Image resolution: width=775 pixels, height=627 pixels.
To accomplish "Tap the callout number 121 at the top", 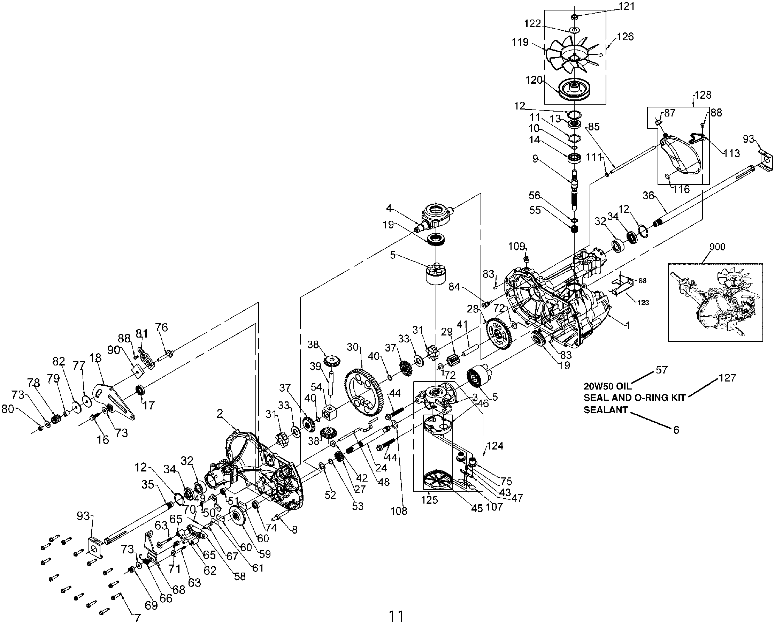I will [626, 7].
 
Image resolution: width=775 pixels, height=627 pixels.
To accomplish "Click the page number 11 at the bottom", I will [396, 616].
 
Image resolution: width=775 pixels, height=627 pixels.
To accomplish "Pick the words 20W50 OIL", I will [607, 386].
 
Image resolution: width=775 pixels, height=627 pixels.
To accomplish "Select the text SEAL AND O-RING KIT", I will [635, 398].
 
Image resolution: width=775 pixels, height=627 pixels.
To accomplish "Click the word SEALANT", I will [606, 410].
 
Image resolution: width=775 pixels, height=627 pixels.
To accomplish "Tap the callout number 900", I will [717, 247].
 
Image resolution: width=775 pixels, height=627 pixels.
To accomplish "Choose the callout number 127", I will [727, 378].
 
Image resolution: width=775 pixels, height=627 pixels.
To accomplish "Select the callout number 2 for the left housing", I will [220, 414].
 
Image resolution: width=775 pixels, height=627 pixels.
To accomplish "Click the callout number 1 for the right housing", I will [628, 325].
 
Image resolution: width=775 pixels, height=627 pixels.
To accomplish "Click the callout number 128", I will [703, 95].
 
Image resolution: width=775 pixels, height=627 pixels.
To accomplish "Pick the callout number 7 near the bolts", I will [137, 618].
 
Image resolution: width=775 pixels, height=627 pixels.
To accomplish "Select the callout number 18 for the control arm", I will [95, 358].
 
